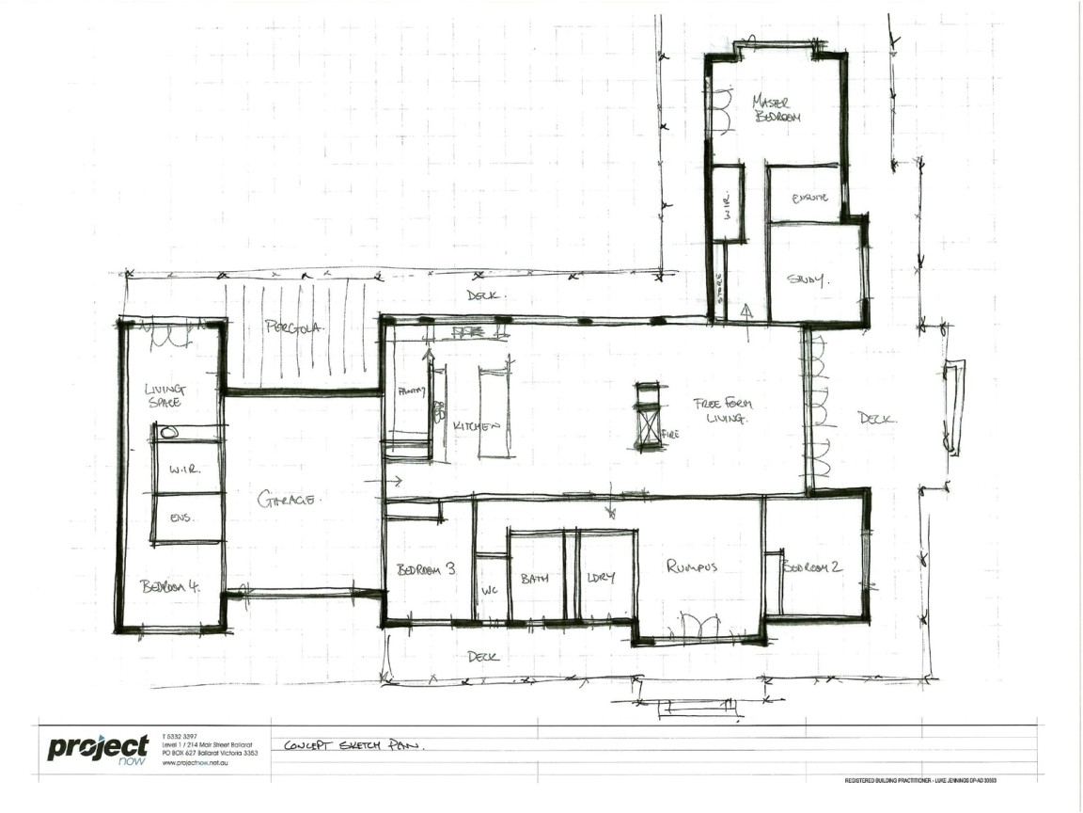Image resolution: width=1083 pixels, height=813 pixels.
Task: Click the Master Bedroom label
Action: coord(777,108)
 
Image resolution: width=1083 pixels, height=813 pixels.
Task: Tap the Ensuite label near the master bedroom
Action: coord(809,198)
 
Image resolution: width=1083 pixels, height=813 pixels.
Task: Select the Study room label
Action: coord(806,279)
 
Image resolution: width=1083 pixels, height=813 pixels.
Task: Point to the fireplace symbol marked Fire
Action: coord(648,415)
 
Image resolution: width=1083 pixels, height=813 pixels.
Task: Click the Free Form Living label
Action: coord(723,410)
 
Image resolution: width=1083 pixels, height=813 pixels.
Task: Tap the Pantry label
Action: coord(412,391)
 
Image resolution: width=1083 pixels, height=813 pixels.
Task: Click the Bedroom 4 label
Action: coord(169,586)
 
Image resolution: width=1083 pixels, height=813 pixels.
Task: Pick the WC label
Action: coord(488,591)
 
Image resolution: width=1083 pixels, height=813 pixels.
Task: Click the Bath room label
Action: coord(534,579)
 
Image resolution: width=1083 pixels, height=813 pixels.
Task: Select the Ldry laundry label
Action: coord(600,578)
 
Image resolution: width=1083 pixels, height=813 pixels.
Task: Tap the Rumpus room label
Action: coord(692,566)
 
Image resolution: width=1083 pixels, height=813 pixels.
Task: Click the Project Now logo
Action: coord(98,749)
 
